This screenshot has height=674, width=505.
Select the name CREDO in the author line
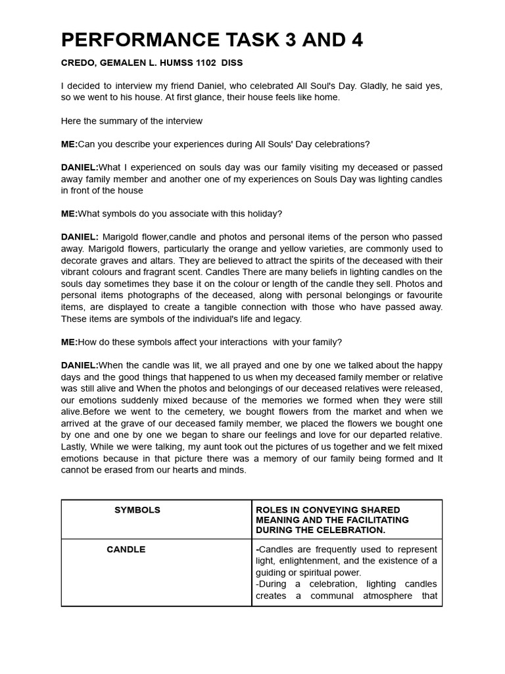click(x=78, y=63)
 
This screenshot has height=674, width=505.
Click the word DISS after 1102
click(x=233, y=63)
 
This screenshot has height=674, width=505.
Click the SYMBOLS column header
click(x=137, y=510)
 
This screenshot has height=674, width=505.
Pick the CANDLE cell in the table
click(x=126, y=550)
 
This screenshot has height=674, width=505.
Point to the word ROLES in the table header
click(x=270, y=510)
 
